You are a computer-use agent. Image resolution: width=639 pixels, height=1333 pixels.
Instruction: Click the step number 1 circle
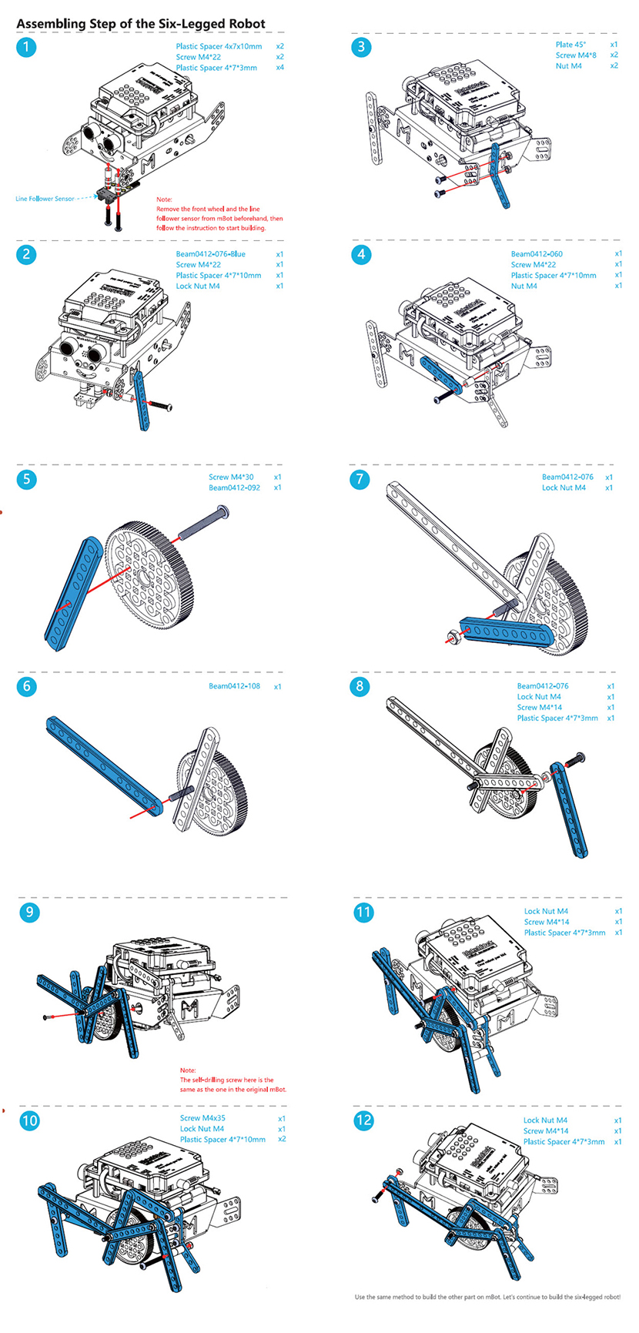[26, 47]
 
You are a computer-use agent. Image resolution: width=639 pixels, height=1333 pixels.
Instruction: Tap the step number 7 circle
[360, 479]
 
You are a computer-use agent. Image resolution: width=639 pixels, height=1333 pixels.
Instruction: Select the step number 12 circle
[363, 1120]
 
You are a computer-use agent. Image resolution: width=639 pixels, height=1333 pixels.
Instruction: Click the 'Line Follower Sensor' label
[45, 199]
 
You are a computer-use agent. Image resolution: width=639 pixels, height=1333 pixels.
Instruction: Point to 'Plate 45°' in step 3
[570, 45]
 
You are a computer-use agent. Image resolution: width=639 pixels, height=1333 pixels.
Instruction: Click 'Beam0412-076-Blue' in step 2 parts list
[211, 254]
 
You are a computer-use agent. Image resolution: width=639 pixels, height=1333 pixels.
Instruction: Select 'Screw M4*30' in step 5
[231, 477]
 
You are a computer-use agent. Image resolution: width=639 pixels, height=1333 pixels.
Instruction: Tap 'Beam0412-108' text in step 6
[234, 686]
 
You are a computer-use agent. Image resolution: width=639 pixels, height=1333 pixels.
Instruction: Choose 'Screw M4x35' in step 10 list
[202, 1118]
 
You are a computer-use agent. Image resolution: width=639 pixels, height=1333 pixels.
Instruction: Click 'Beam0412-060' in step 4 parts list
[537, 254]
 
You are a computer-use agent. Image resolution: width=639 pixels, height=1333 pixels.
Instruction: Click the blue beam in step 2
[143, 400]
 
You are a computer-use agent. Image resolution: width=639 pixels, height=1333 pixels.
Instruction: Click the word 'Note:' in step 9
[188, 1070]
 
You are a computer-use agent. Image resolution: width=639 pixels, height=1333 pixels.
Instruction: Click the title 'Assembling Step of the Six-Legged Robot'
[141, 24]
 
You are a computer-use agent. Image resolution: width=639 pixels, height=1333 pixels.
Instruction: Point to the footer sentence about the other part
[487, 1298]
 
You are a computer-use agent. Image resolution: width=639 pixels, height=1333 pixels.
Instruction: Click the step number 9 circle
[29, 913]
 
